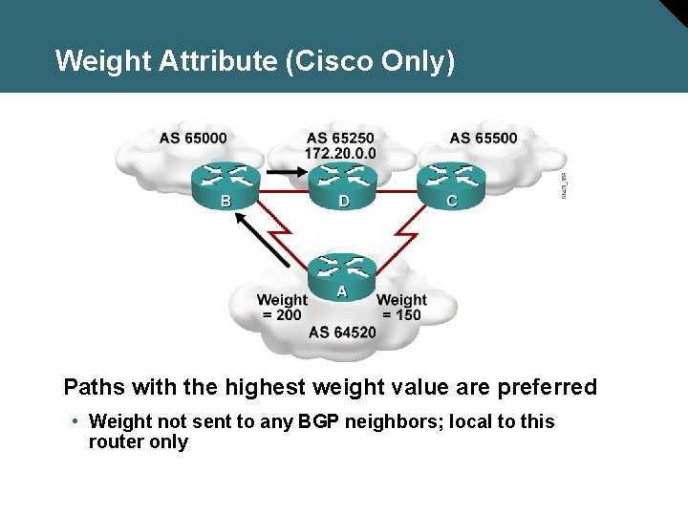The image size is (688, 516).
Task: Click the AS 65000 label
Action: coord(193,138)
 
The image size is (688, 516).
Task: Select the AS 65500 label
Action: coord(484,138)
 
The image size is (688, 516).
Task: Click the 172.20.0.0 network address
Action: coord(341,153)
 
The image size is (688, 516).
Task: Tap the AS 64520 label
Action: coord(342,333)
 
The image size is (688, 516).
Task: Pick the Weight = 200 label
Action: coord(282,307)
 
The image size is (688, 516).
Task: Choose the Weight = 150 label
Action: coord(401,307)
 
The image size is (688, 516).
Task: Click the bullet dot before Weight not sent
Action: coord(75,421)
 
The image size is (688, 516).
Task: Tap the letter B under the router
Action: coord(226,201)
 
